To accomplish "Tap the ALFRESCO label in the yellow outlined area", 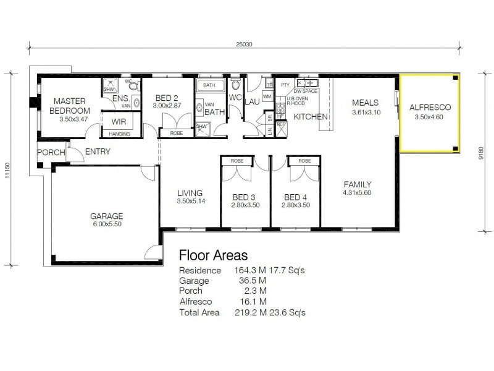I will [x=430, y=107].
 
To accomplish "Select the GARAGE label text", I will [x=107, y=216].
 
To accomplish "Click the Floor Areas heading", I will [x=213, y=255].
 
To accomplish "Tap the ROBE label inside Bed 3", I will [x=237, y=161].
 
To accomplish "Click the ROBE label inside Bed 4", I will [x=304, y=161].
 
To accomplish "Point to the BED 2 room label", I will [x=167, y=98].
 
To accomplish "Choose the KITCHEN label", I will [x=306, y=117].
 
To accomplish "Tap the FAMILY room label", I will [x=357, y=184].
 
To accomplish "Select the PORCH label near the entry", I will [x=51, y=152].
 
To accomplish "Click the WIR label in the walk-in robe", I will [x=119, y=121].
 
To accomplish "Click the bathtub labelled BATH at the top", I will [x=209, y=85].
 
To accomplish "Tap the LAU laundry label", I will [x=251, y=101].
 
